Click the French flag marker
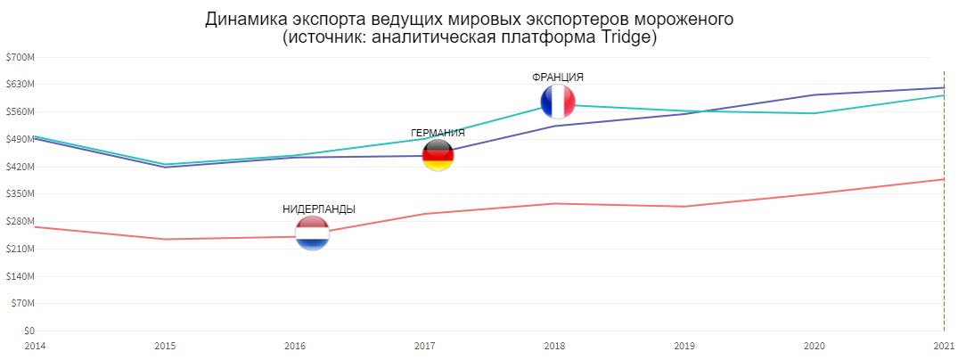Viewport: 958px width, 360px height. pyautogui.click(x=558, y=102)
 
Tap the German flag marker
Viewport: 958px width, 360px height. pyautogui.click(x=438, y=155)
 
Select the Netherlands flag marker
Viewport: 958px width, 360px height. pyautogui.click(x=313, y=233)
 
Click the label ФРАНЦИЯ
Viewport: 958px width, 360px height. pyautogui.click(x=558, y=78)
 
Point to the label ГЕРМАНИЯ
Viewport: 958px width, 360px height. pyautogui.click(x=438, y=134)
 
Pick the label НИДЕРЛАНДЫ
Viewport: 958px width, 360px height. pyautogui.click(x=319, y=209)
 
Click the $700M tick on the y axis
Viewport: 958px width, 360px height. pyautogui.click(x=20, y=57)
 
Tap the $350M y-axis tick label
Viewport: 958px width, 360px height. pyautogui.click(x=20, y=194)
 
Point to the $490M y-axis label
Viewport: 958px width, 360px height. pyautogui.click(x=20, y=139)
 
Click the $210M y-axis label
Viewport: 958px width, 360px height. pyautogui.click(x=20, y=249)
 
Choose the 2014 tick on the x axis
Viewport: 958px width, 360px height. pyautogui.click(x=35, y=345)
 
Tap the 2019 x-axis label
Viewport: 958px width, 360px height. pyautogui.click(x=684, y=345)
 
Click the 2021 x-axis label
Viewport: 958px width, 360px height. pyautogui.click(x=943, y=345)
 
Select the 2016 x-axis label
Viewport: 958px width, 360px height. pyautogui.click(x=295, y=345)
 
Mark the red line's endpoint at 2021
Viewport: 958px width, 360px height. pyautogui.click(x=944, y=179)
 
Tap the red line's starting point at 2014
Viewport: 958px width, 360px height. pyautogui.click(x=35, y=226)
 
